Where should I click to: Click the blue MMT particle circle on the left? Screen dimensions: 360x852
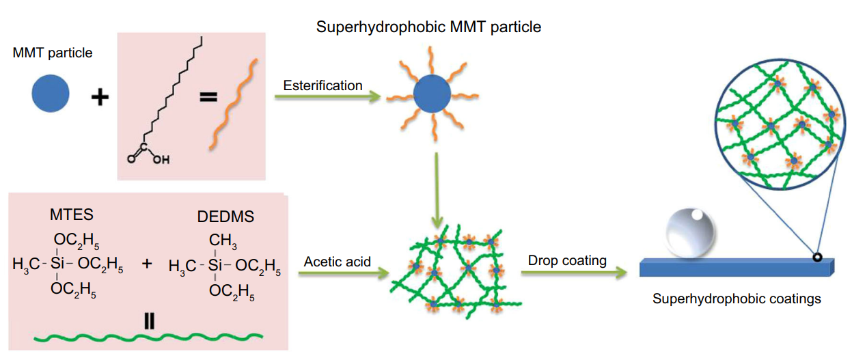coord(51,93)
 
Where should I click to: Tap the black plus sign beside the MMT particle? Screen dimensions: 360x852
coord(100,97)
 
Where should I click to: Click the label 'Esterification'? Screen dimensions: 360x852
coord(323,85)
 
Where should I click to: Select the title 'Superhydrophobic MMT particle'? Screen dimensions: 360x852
coord(428,28)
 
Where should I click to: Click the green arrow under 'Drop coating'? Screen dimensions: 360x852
coord(574,273)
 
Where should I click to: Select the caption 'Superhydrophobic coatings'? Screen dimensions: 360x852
coord(737,299)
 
